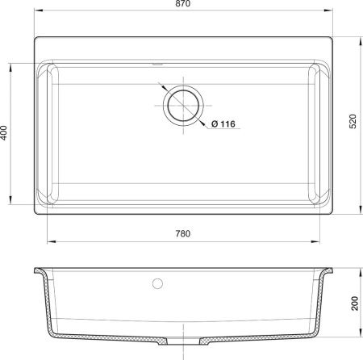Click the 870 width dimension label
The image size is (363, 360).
tap(183, 3)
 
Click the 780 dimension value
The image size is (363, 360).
tap(183, 233)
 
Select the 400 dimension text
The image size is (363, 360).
tap(3, 132)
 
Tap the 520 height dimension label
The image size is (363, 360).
tap(353, 121)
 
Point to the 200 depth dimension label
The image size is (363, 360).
tap(355, 303)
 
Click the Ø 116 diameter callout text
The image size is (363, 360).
tap(223, 124)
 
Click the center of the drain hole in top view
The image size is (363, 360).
tap(184, 106)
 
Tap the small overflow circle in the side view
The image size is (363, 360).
tap(157, 283)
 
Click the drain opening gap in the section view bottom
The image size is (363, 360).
tap(183, 341)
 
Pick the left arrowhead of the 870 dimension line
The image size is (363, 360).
tap(38, 10)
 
